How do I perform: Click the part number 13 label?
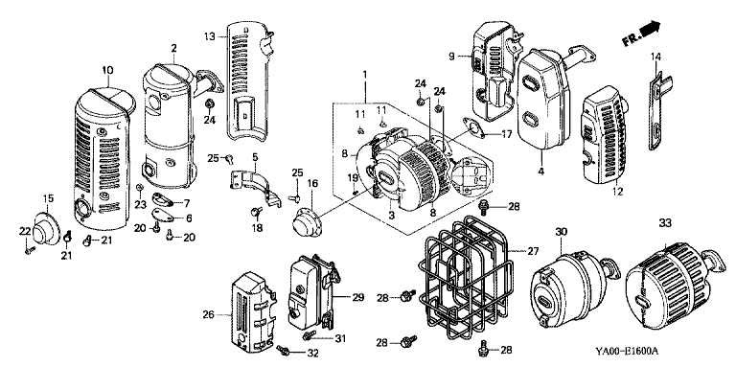(x=209, y=36)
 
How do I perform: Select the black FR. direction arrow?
(x=650, y=29)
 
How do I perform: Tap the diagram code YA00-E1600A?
(x=627, y=351)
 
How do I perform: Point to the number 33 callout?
(x=665, y=223)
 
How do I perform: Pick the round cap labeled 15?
(x=47, y=229)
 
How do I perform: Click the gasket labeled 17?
(x=473, y=128)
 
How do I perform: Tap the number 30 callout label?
(x=562, y=231)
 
